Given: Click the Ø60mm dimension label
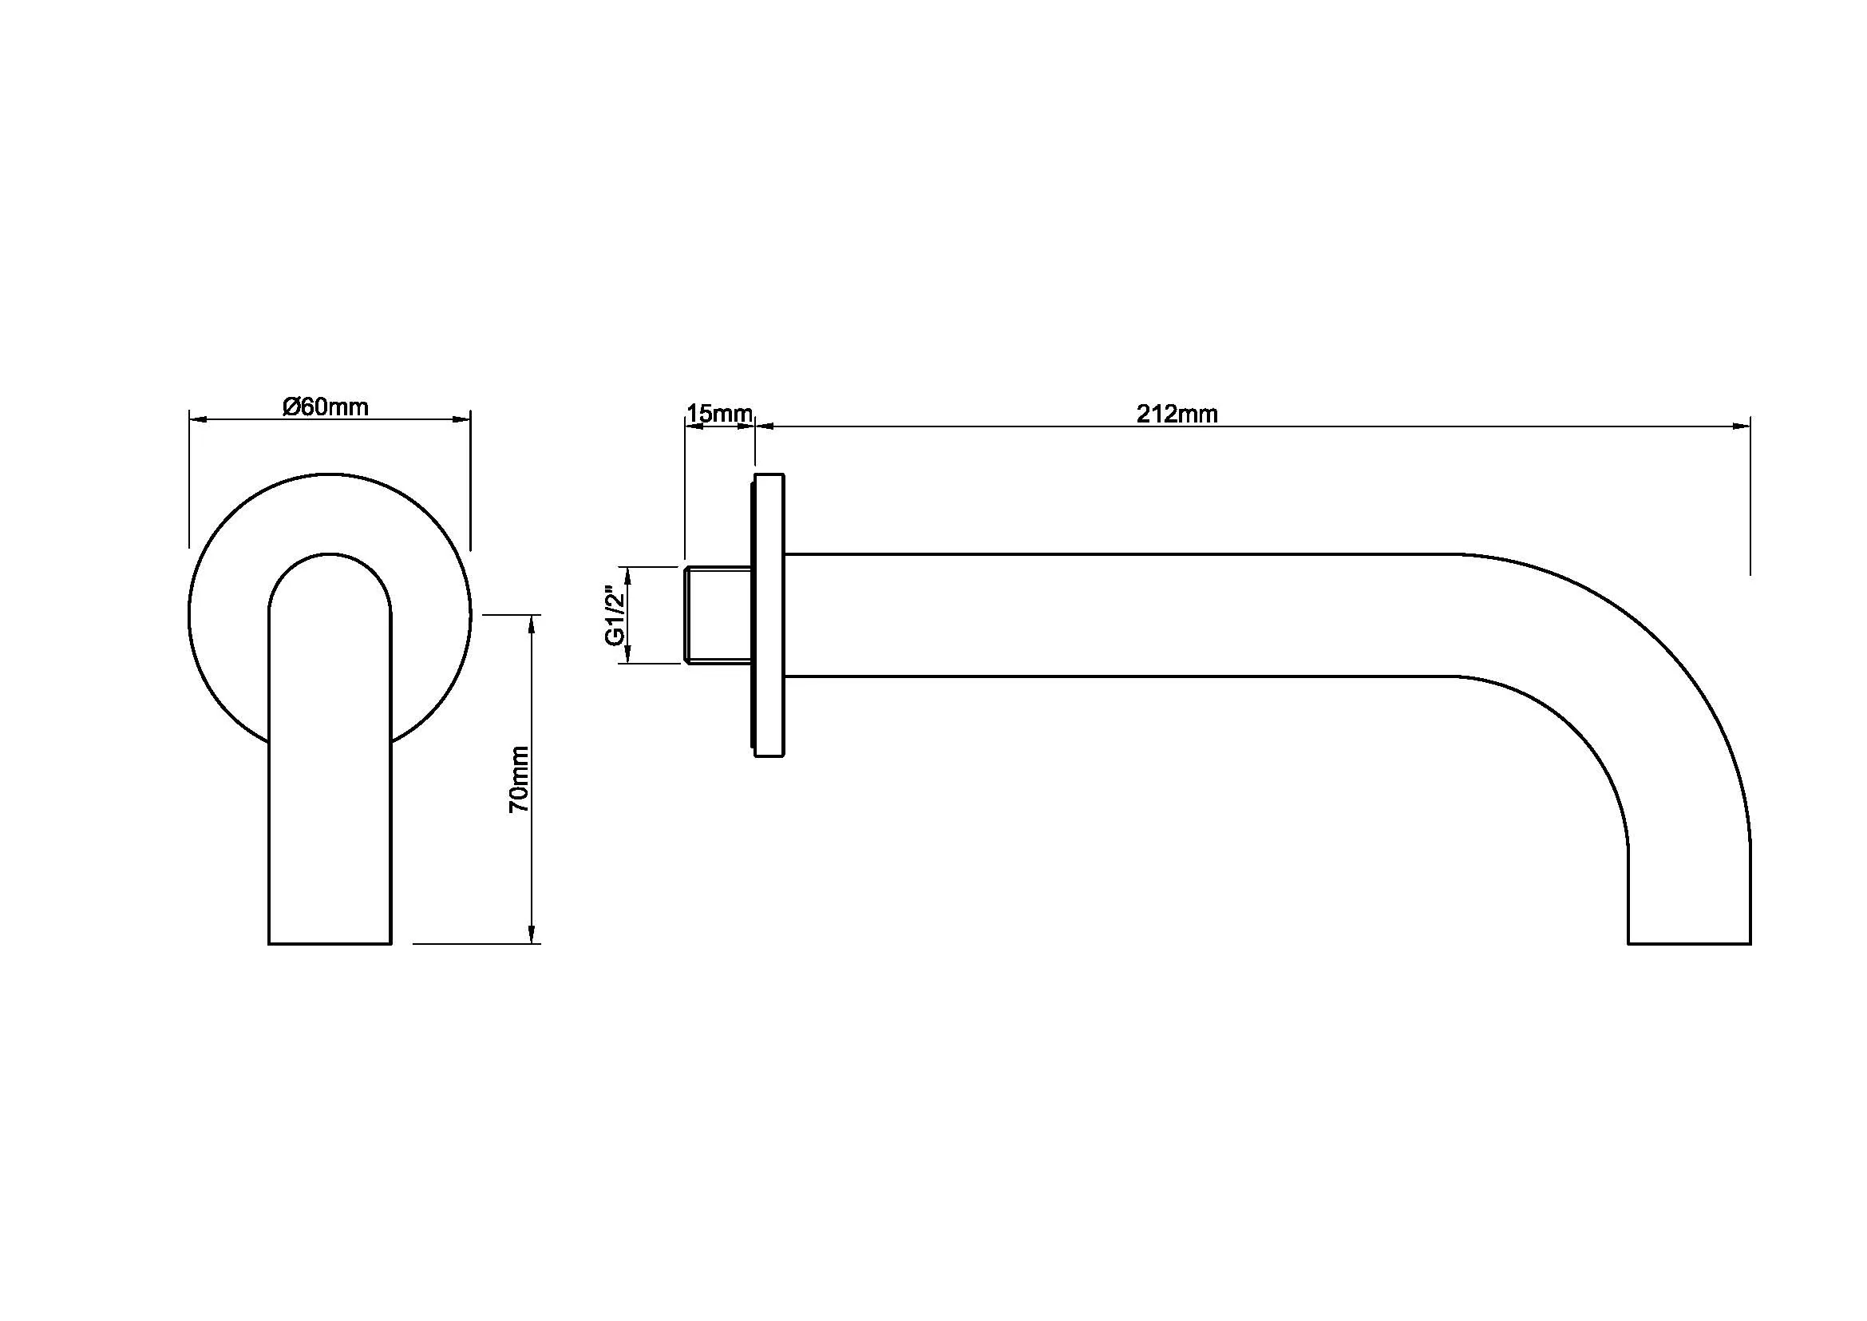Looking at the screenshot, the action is click(x=325, y=406).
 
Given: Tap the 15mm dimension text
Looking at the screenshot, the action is click(x=720, y=413).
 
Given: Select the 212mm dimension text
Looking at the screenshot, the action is click(x=1177, y=414).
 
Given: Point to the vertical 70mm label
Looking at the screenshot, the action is click(x=519, y=780).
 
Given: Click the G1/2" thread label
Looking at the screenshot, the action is click(x=615, y=616).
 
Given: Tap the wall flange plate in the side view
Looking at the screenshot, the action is click(x=768, y=615).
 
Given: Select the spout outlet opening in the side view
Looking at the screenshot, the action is click(x=1689, y=943).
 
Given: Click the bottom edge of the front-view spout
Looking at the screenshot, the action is click(x=330, y=943).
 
